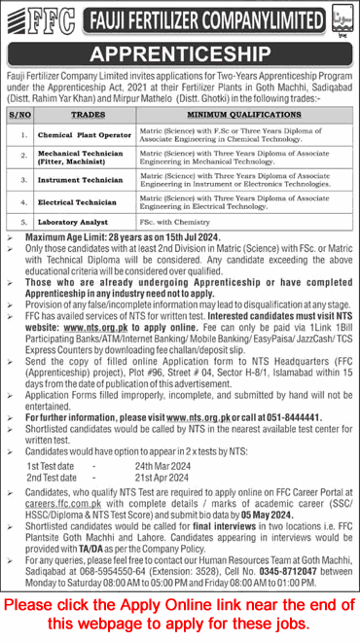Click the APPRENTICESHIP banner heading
(x=179, y=52)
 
